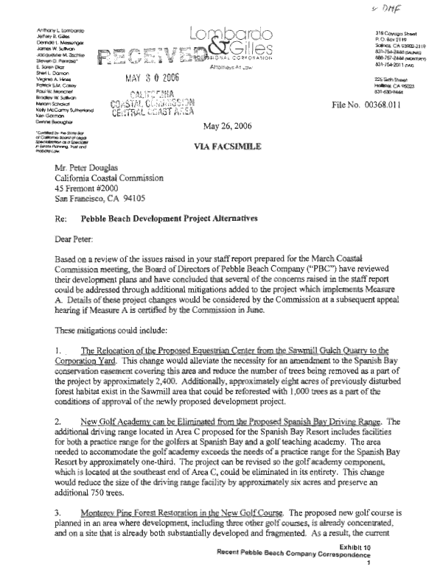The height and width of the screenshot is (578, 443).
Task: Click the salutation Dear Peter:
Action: (68, 260)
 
